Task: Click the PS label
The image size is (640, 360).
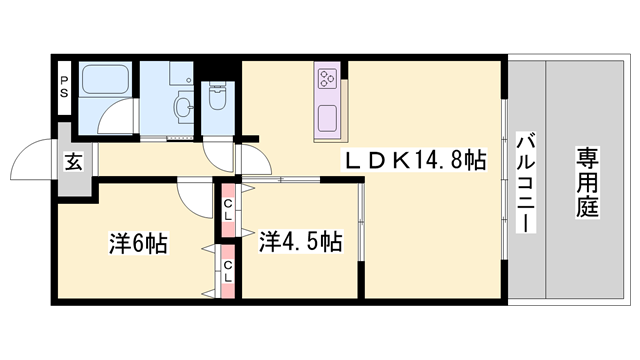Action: click(x=64, y=87)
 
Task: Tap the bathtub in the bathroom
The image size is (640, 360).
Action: click(x=105, y=80)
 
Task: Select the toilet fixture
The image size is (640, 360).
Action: click(x=218, y=96)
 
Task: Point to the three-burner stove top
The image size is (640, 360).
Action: click(x=327, y=79)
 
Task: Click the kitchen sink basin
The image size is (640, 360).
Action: click(x=327, y=118)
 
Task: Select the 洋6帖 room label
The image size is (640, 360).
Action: click(x=138, y=244)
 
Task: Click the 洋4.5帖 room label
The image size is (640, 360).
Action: click(x=300, y=241)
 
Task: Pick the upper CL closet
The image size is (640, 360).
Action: click(x=228, y=210)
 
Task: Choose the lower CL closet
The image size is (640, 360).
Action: click(x=228, y=271)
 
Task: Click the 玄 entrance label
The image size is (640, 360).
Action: click(x=74, y=162)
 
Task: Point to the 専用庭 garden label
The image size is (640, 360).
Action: click(x=587, y=182)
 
